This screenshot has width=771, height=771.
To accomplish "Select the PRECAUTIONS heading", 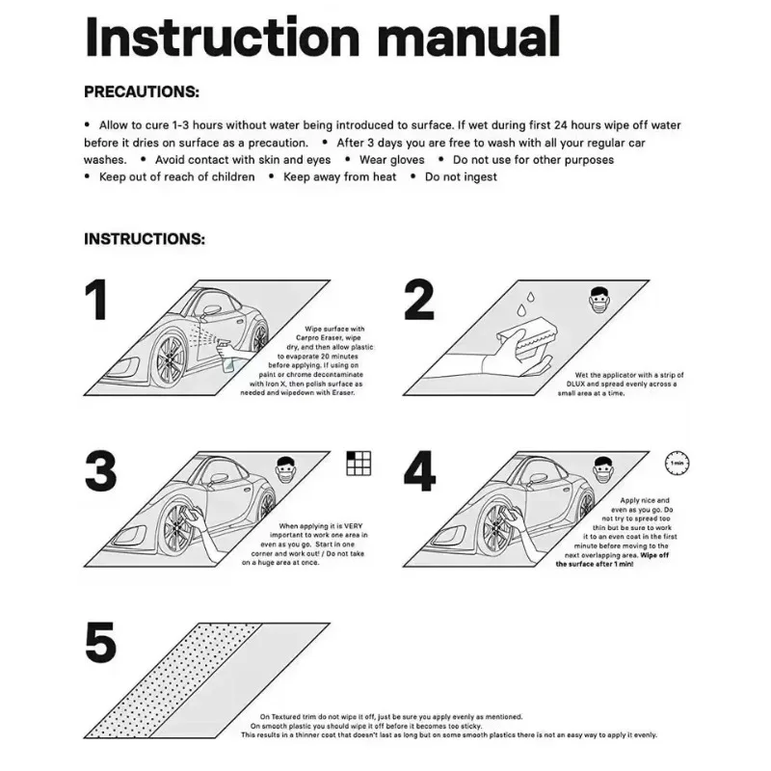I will pos(142,93).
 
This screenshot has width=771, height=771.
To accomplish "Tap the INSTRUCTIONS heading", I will pos(145,238).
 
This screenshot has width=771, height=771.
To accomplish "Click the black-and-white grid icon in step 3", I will pos(359,464).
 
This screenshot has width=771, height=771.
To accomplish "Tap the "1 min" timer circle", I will pos(677,464).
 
